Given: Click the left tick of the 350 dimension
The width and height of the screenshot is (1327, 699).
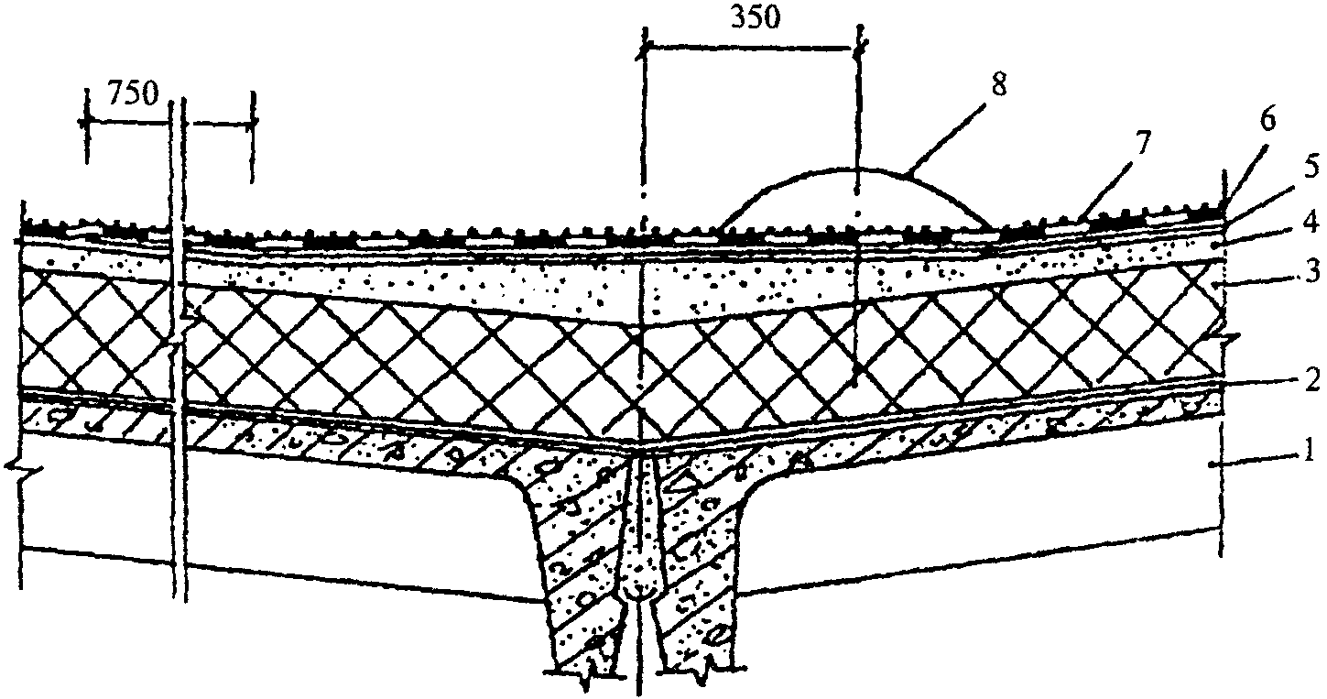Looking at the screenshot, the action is (644, 50).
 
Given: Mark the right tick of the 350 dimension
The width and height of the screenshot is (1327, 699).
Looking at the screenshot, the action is (859, 50).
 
